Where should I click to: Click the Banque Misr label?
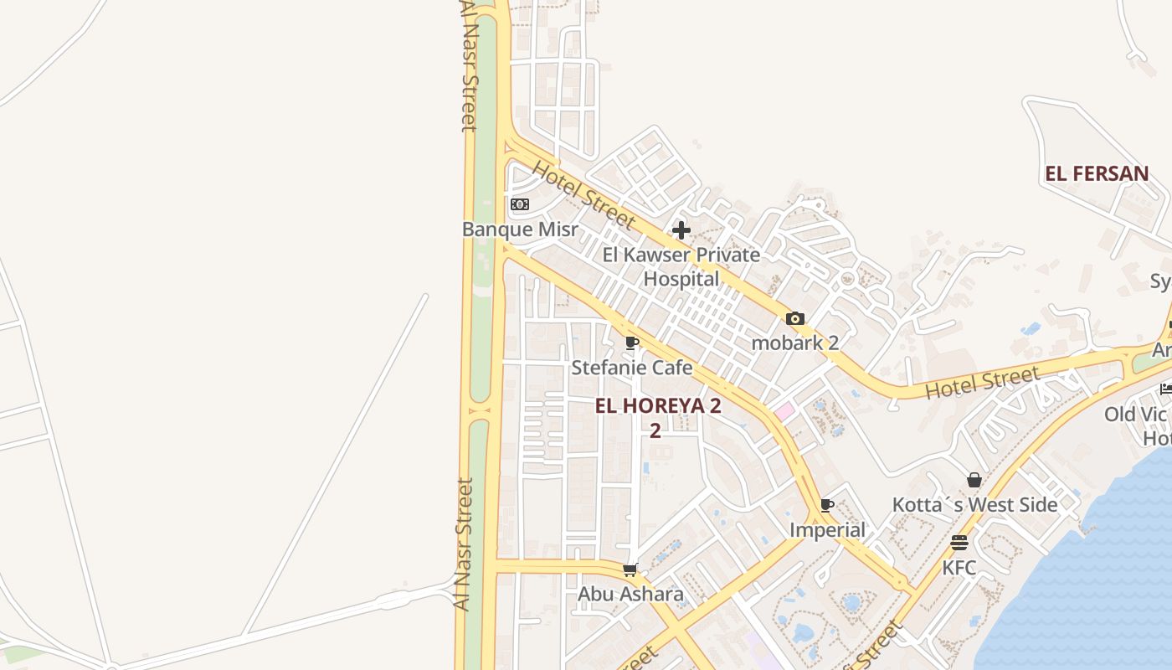coord(520,229)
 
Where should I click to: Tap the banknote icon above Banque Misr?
coord(520,204)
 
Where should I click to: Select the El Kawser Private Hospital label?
coord(681,266)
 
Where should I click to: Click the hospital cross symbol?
coord(681,229)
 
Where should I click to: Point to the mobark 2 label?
coord(794,343)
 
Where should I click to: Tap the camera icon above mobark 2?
coord(794,319)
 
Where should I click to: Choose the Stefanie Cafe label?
coord(632,368)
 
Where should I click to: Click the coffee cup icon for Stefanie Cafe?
coord(632,343)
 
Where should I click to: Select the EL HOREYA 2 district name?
coord(658,406)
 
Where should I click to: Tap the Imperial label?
coord(827,530)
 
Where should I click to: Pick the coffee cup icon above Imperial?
coord(827,505)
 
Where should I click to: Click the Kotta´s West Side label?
coord(974,505)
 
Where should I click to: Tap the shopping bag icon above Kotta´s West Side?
coord(974,480)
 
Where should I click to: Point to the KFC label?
coord(959,568)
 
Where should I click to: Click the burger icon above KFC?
coord(959,543)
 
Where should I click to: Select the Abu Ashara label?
coord(630,595)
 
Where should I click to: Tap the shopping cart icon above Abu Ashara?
coord(630,570)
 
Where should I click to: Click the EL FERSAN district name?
coord(1097,174)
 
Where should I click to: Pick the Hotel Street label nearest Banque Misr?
coord(583,195)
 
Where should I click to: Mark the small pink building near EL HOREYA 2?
coord(784,411)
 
